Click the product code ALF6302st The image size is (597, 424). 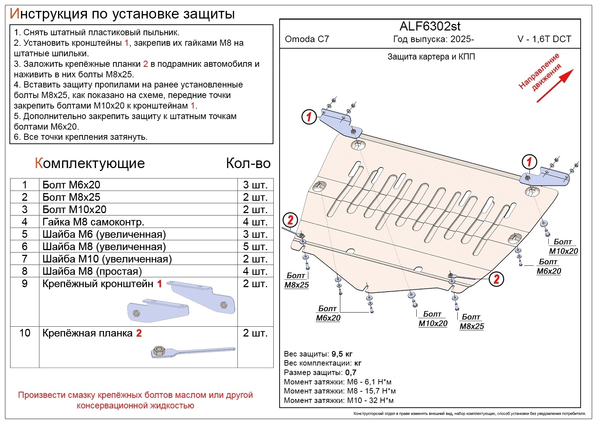pyautogui.click(x=430, y=26)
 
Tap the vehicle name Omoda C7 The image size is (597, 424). pyautogui.click(x=307, y=39)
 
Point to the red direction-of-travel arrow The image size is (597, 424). pyautogui.click(x=555, y=86)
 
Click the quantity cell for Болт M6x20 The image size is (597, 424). pyautogui.click(x=255, y=185)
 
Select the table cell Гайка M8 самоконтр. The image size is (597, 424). pyautogui.click(x=93, y=222)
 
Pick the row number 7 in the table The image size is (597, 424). pyautogui.click(x=25, y=259)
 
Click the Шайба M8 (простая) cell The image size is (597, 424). pyautogui.click(x=92, y=271)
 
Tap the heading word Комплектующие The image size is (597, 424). pyautogui.click(x=90, y=163)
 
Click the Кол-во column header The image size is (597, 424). pyautogui.click(x=248, y=163)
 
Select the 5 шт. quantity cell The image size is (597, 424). pyautogui.click(x=255, y=246)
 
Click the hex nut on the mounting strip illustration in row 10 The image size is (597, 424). pyautogui.click(x=159, y=351)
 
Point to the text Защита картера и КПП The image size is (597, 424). pyautogui.click(x=431, y=57)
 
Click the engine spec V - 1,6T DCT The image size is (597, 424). pyautogui.click(x=544, y=39)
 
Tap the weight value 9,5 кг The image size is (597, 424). pyautogui.click(x=342, y=354)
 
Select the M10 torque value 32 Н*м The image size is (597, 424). pyautogui.click(x=382, y=400)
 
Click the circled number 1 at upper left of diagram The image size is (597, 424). pyautogui.click(x=309, y=117)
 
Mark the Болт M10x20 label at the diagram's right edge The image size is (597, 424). pyautogui.click(x=563, y=246)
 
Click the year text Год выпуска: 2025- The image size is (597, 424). pyautogui.click(x=433, y=39)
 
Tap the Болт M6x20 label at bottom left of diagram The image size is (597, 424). pyautogui.click(x=328, y=313)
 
